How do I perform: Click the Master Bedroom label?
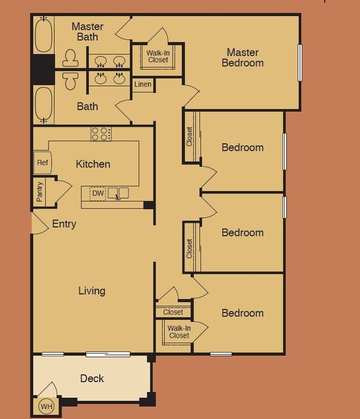point(243,58)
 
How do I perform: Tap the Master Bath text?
point(88,32)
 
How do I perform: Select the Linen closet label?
point(142,85)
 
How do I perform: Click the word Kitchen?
point(93,164)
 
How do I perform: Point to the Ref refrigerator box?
point(42,163)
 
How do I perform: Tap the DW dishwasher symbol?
point(97,193)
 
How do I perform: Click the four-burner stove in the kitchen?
point(101,133)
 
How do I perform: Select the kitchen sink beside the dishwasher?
point(118,193)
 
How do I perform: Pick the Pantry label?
point(40,192)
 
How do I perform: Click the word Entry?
point(64,224)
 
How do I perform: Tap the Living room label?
point(92,291)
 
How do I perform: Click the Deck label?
point(92,379)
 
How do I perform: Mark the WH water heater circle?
point(46,407)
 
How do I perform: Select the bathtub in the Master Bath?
point(44,34)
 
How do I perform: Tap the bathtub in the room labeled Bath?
point(44,105)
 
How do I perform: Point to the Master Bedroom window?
point(300,63)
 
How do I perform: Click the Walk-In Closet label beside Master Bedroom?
point(157,56)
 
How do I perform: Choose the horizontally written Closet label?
point(173,312)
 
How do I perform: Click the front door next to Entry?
point(39,223)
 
